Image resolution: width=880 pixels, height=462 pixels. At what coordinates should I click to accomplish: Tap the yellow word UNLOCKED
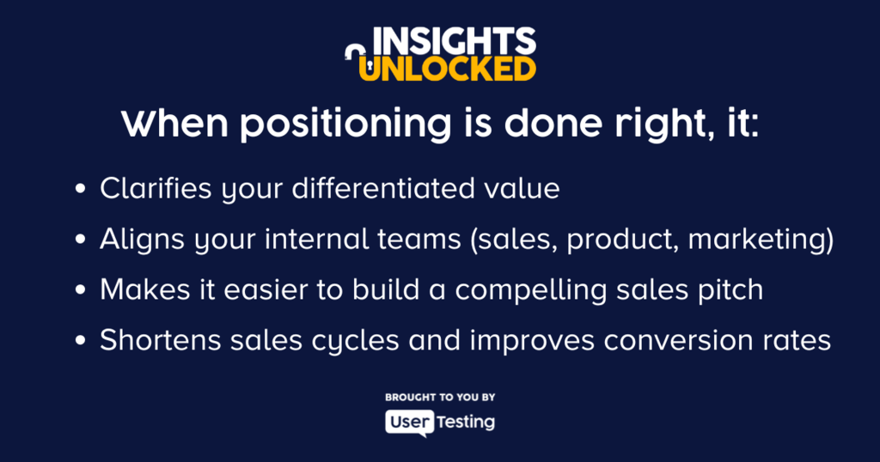pyautogui.click(x=447, y=69)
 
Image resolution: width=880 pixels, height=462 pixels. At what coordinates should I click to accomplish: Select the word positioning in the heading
pyautogui.click(x=345, y=124)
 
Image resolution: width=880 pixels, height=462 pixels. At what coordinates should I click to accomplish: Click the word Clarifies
pyautogui.click(x=156, y=188)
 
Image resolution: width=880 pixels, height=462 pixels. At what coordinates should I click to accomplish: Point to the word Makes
pyautogui.click(x=144, y=290)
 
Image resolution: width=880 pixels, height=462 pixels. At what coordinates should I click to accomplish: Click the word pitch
pyautogui.click(x=730, y=291)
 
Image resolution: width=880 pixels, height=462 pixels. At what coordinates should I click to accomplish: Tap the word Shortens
pyautogui.click(x=161, y=340)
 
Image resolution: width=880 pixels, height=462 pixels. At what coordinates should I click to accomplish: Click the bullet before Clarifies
pyautogui.click(x=80, y=189)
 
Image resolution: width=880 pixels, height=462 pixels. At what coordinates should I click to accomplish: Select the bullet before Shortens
pyautogui.click(x=80, y=342)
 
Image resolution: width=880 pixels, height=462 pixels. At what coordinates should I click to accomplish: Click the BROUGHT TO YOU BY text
pyautogui.click(x=440, y=398)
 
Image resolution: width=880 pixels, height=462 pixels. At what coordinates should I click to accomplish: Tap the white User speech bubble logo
pyautogui.click(x=410, y=422)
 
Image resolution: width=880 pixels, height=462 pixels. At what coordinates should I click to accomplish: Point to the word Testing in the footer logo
pyautogui.click(x=466, y=422)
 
